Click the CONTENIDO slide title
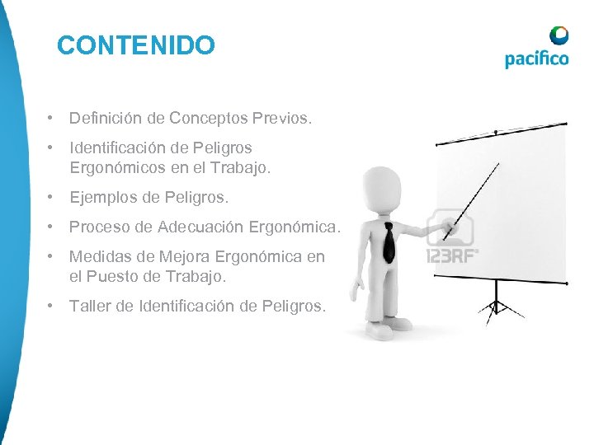pyautogui.click(x=136, y=45)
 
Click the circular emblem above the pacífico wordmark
pyautogui.click(x=559, y=35)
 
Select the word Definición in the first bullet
pyautogui.click(x=106, y=119)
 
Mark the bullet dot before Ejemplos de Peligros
pyautogui.click(x=51, y=198)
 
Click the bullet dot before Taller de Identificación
pyautogui.click(x=51, y=307)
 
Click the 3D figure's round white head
pyautogui.click(x=380, y=188)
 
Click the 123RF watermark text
pyautogui.click(x=451, y=255)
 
